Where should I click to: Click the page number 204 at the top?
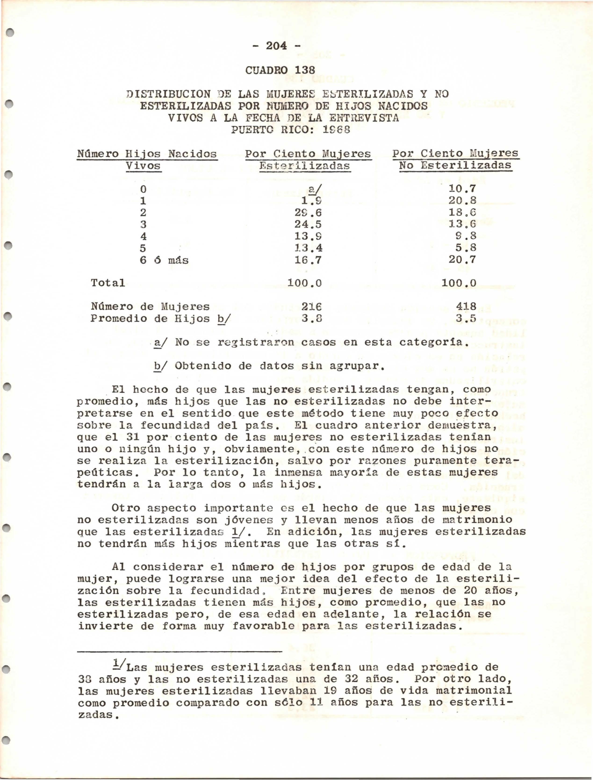(277, 46)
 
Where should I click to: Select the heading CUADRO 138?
(279, 70)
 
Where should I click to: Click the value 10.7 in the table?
(462, 189)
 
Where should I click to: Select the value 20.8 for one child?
(462, 201)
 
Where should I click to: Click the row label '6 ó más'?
(164, 260)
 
